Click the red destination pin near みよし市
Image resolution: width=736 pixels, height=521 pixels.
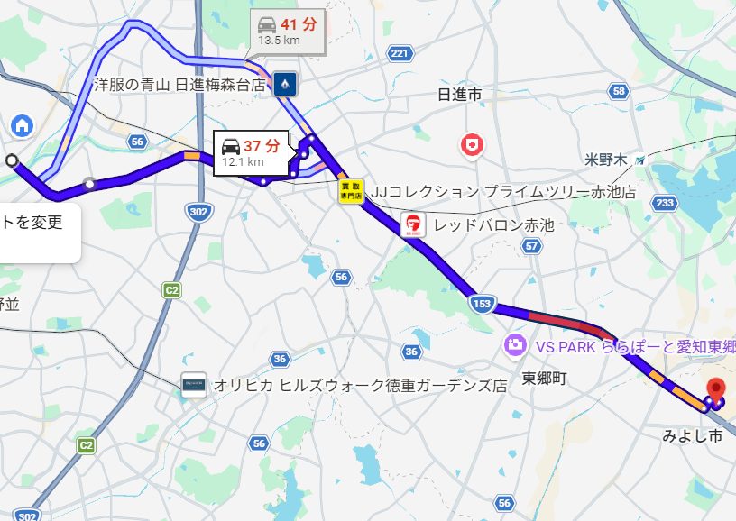click(716, 388)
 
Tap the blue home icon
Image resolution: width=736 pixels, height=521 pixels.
click(22, 125)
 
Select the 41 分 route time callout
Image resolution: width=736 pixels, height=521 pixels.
click(287, 30)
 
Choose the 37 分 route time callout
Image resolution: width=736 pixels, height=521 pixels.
click(251, 151)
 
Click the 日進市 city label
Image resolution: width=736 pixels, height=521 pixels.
click(459, 95)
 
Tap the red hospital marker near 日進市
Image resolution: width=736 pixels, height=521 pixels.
click(471, 144)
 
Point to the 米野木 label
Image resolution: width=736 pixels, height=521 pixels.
click(605, 160)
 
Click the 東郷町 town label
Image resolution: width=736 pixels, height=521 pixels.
click(545, 379)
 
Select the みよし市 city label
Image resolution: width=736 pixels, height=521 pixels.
click(693, 436)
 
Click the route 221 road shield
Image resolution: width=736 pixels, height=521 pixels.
click(400, 54)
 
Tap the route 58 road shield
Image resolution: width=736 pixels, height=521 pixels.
click(618, 91)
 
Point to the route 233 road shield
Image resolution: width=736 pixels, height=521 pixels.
click(665, 203)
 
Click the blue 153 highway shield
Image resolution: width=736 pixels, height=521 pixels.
click(482, 305)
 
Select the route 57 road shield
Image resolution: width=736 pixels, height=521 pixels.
click(532, 246)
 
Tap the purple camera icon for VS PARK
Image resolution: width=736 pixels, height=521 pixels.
click(515, 344)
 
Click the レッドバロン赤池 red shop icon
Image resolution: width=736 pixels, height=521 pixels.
click(412, 225)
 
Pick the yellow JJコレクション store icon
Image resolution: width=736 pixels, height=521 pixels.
click(351, 190)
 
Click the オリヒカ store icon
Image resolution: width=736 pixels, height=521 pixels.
click(193, 385)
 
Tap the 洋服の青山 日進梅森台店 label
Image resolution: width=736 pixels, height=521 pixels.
click(180, 85)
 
